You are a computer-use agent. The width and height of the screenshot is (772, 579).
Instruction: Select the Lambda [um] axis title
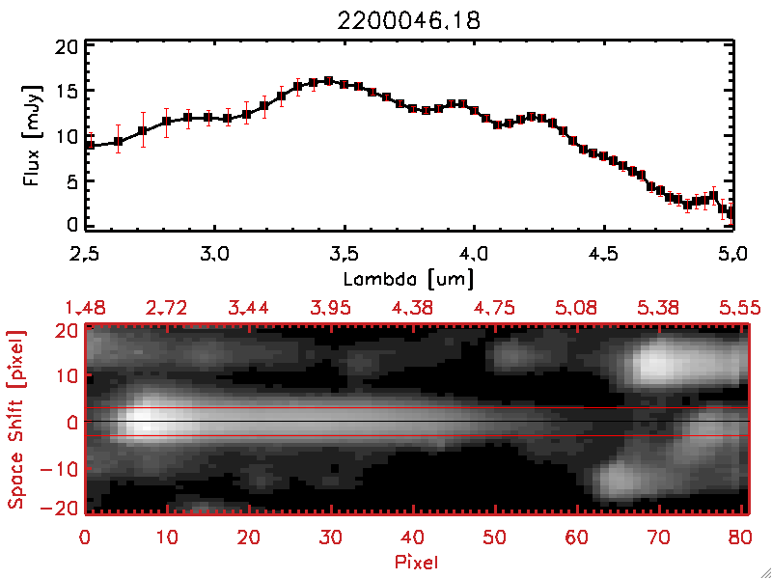click(410, 279)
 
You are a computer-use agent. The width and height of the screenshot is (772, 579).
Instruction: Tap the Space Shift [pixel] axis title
click(16, 420)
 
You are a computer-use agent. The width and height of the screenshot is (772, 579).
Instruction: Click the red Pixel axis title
click(416, 560)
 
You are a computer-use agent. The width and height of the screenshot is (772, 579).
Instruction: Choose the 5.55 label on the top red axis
click(741, 308)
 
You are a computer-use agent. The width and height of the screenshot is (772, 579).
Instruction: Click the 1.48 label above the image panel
click(85, 308)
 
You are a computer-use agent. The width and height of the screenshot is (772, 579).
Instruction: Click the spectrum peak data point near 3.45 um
click(329, 81)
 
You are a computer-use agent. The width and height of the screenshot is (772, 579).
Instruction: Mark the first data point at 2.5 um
click(89, 145)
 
